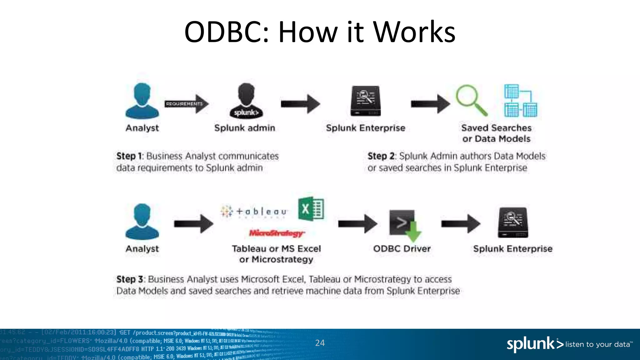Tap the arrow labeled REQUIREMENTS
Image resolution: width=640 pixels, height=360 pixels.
(187, 104)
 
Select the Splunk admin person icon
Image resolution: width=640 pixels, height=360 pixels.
(246, 101)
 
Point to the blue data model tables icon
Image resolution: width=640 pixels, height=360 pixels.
(521, 101)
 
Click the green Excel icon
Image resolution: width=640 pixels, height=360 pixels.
(311, 209)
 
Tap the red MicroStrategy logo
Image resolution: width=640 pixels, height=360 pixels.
(276, 233)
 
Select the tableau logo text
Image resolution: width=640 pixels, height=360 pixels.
(254, 212)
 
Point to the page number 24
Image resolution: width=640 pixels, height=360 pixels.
(320, 343)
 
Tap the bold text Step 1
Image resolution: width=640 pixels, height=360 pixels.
(129, 156)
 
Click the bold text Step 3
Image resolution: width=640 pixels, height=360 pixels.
(130, 279)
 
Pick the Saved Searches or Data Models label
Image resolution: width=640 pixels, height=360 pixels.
(496, 133)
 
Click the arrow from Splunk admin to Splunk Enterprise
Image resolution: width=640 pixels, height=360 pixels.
(300, 104)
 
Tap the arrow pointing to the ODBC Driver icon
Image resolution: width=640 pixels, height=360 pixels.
(357, 223)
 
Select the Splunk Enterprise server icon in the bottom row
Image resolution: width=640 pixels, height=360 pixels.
(513, 222)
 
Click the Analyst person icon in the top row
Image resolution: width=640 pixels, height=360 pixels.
(142, 101)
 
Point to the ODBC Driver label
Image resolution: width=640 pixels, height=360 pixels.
(402, 249)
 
